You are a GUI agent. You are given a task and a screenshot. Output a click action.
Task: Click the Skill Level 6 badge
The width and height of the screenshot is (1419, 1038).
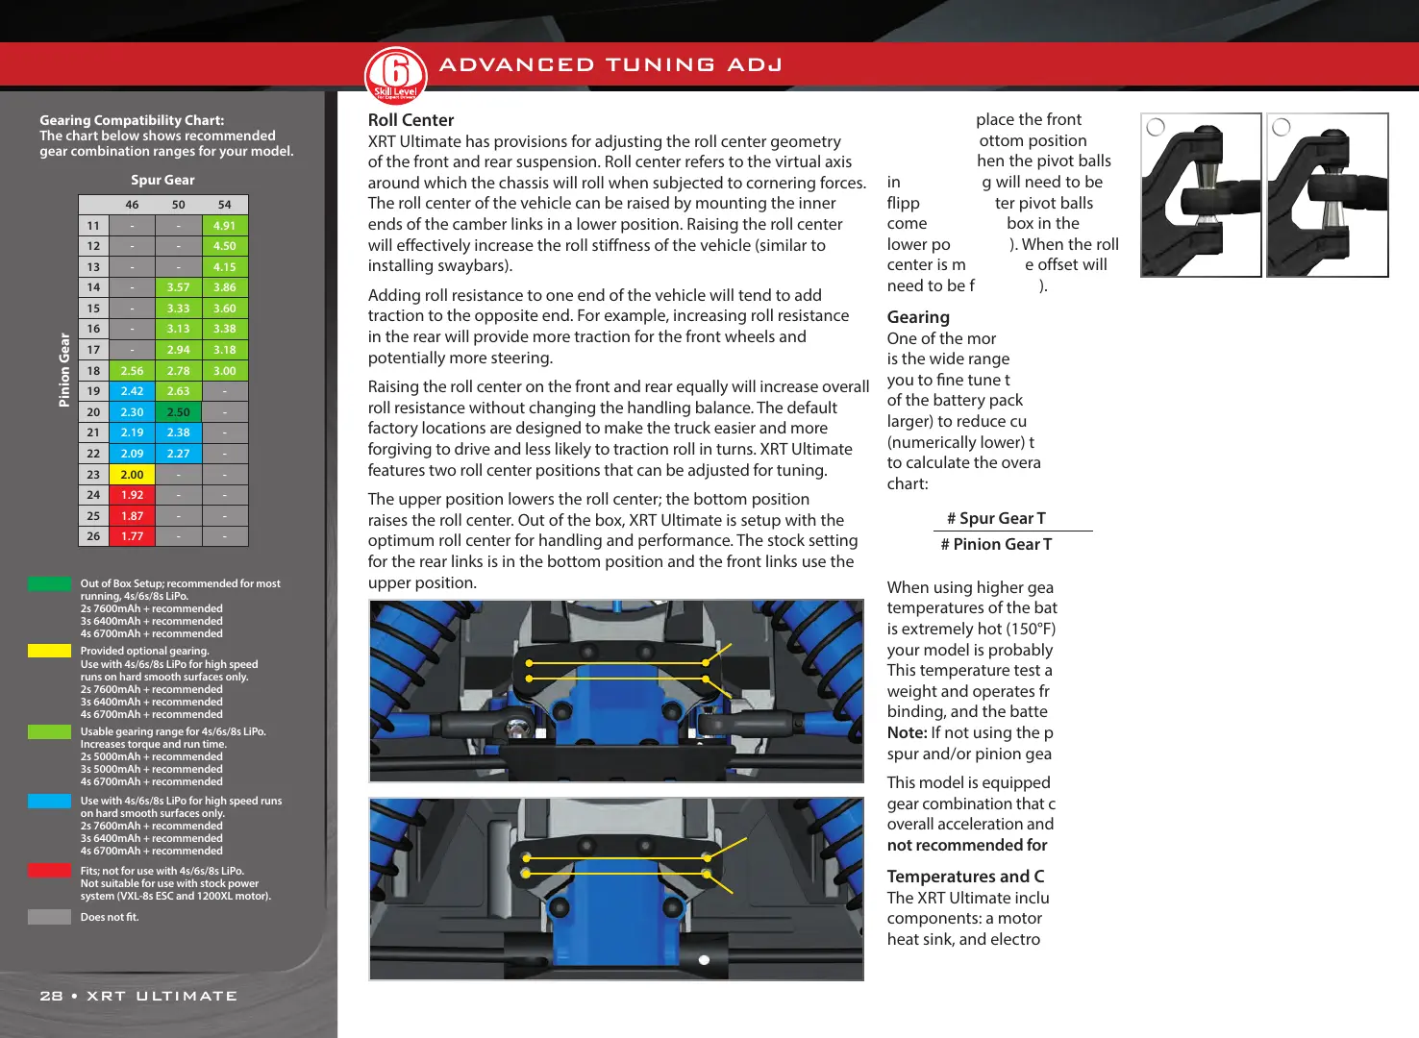point(395,74)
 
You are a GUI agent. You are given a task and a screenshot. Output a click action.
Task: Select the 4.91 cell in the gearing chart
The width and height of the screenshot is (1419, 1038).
point(224,226)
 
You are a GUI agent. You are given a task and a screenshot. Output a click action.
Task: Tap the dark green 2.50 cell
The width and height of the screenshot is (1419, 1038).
point(178,412)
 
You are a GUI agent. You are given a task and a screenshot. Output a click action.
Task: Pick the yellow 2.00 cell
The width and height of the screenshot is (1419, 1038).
point(132,475)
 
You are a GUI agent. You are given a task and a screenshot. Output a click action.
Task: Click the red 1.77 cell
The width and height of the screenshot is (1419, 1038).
point(132,536)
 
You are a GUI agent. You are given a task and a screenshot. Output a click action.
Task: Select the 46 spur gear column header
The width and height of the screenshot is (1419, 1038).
point(132,205)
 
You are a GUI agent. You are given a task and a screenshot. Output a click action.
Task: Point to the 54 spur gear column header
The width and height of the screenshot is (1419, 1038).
point(224,205)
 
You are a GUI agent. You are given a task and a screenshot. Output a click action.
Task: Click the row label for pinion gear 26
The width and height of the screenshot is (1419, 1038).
point(93,536)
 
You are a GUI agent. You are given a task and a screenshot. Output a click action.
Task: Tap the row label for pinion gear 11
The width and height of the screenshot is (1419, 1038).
point(93,226)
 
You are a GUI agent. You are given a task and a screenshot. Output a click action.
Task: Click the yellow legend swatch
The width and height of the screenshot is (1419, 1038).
point(49,651)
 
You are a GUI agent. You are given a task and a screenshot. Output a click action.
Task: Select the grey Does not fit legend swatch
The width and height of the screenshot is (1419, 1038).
point(49,917)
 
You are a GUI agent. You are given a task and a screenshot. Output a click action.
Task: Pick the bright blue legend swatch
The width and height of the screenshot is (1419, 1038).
point(49,801)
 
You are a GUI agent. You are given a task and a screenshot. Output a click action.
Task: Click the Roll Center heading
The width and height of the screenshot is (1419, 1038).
point(411,120)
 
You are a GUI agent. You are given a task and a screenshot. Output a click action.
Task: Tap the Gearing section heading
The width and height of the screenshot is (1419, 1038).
point(918,317)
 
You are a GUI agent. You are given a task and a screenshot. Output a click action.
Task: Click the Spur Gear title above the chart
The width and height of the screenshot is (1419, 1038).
point(162,180)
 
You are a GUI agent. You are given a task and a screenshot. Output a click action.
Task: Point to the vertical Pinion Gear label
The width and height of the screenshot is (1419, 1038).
point(64,370)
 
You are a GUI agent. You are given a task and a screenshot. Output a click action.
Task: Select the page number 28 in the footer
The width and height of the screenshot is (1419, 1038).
point(51,996)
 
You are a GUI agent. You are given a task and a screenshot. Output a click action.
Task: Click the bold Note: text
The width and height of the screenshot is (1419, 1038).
point(907,732)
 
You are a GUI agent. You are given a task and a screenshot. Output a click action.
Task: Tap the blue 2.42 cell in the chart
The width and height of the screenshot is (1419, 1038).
point(132,391)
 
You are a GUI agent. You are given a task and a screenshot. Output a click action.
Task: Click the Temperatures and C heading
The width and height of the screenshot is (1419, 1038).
point(965,877)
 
